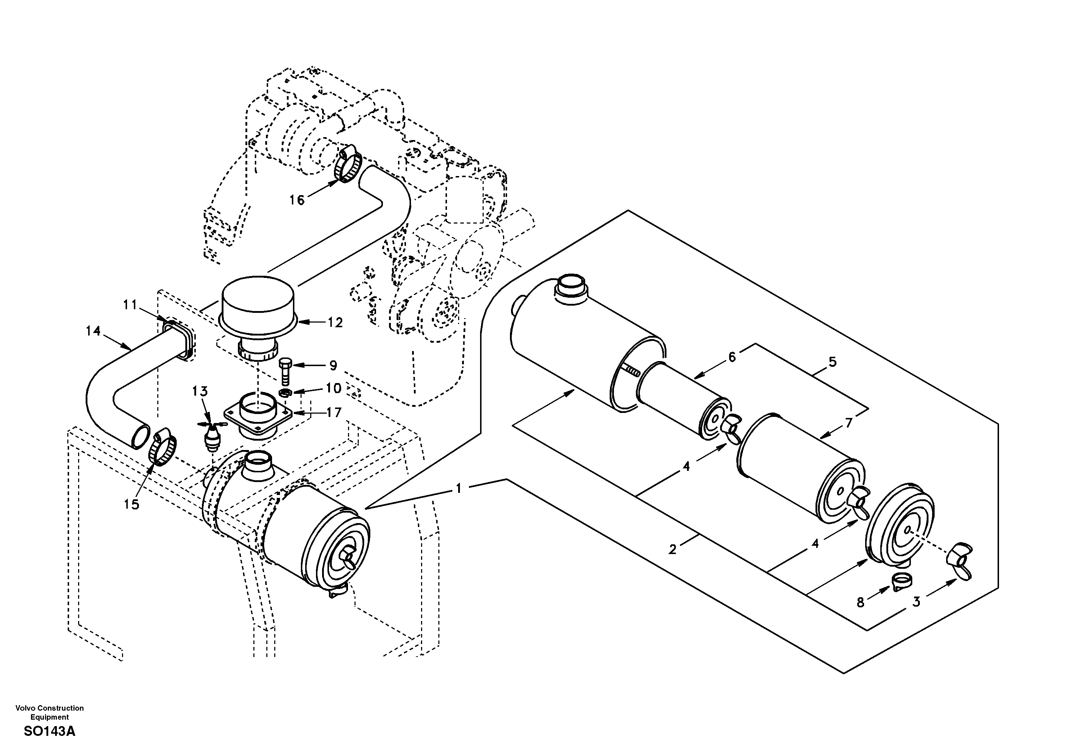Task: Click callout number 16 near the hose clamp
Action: pyautogui.click(x=297, y=200)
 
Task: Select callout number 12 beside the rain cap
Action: pyautogui.click(x=335, y=323)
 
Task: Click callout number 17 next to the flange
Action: pyautogui.click(x=334, y=413)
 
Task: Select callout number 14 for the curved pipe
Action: pyautogui.click(x=93, y=331)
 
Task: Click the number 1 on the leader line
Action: pyautogui.click(x=458, y=489)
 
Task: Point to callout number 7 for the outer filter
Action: pyautogui.click(x=849, y=423)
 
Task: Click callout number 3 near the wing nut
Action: pyautogui.click(x=916, y=602)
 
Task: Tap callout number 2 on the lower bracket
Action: pyautogui.click(x=672, y=550)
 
